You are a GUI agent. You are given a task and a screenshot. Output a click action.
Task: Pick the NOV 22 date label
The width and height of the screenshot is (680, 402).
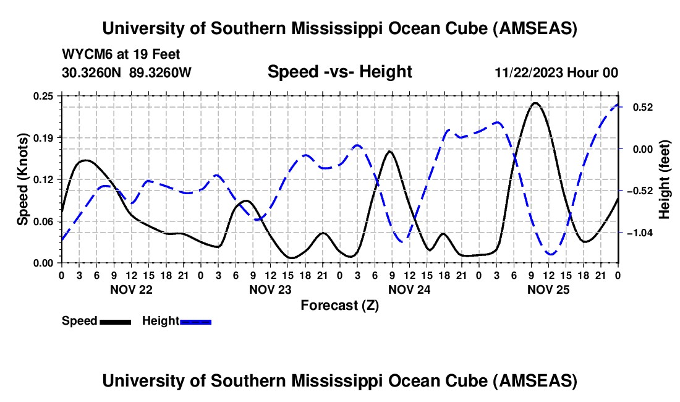(130, 289)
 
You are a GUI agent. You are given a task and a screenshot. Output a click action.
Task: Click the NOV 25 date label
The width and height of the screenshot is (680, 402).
(548, 289)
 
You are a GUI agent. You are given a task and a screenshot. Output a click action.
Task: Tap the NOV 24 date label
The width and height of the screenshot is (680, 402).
(409, 289)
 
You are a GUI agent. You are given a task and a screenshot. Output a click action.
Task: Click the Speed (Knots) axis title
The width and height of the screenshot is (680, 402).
(22, 179)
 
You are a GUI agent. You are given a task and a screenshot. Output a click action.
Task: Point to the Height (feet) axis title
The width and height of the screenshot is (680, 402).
(665, 179)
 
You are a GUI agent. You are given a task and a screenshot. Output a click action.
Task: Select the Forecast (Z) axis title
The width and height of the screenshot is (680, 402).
(339, 305)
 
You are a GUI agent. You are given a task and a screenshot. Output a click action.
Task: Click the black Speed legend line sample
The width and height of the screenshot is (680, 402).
(114, 321)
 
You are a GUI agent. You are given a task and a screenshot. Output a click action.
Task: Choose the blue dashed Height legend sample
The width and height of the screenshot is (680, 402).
(195, 321)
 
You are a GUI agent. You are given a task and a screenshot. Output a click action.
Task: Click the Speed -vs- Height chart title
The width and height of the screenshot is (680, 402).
(339, 72)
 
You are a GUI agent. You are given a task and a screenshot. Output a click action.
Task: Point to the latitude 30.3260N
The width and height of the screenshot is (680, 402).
(92, 72)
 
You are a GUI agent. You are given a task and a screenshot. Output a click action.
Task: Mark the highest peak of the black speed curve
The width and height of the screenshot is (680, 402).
(535, 103)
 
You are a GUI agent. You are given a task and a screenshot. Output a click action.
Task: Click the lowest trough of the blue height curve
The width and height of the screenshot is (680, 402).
(550, 254)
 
